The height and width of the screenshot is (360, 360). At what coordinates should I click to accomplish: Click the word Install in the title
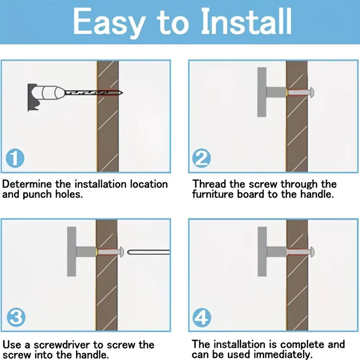tap(246, 21)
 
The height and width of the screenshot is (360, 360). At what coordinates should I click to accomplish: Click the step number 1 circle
tap(15, 158)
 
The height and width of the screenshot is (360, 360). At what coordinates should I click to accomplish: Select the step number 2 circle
tap(202, 158)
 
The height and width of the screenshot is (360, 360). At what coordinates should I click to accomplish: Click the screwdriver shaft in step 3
tap(149, 252)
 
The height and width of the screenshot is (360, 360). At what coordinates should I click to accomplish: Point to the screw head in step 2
tap(312, 93)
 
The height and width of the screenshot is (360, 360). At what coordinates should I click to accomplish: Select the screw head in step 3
tap(121, 252)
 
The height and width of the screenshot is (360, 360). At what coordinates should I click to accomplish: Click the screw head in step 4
tap(312, 252)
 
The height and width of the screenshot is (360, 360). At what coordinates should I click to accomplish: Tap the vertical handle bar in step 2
tap(262, 92)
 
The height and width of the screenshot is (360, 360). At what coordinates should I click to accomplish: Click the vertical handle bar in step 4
tap(262, 252)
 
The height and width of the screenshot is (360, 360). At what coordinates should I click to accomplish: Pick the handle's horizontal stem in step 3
tap(86, 252)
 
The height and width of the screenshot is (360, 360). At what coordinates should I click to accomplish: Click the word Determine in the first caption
tap(27, 184)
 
